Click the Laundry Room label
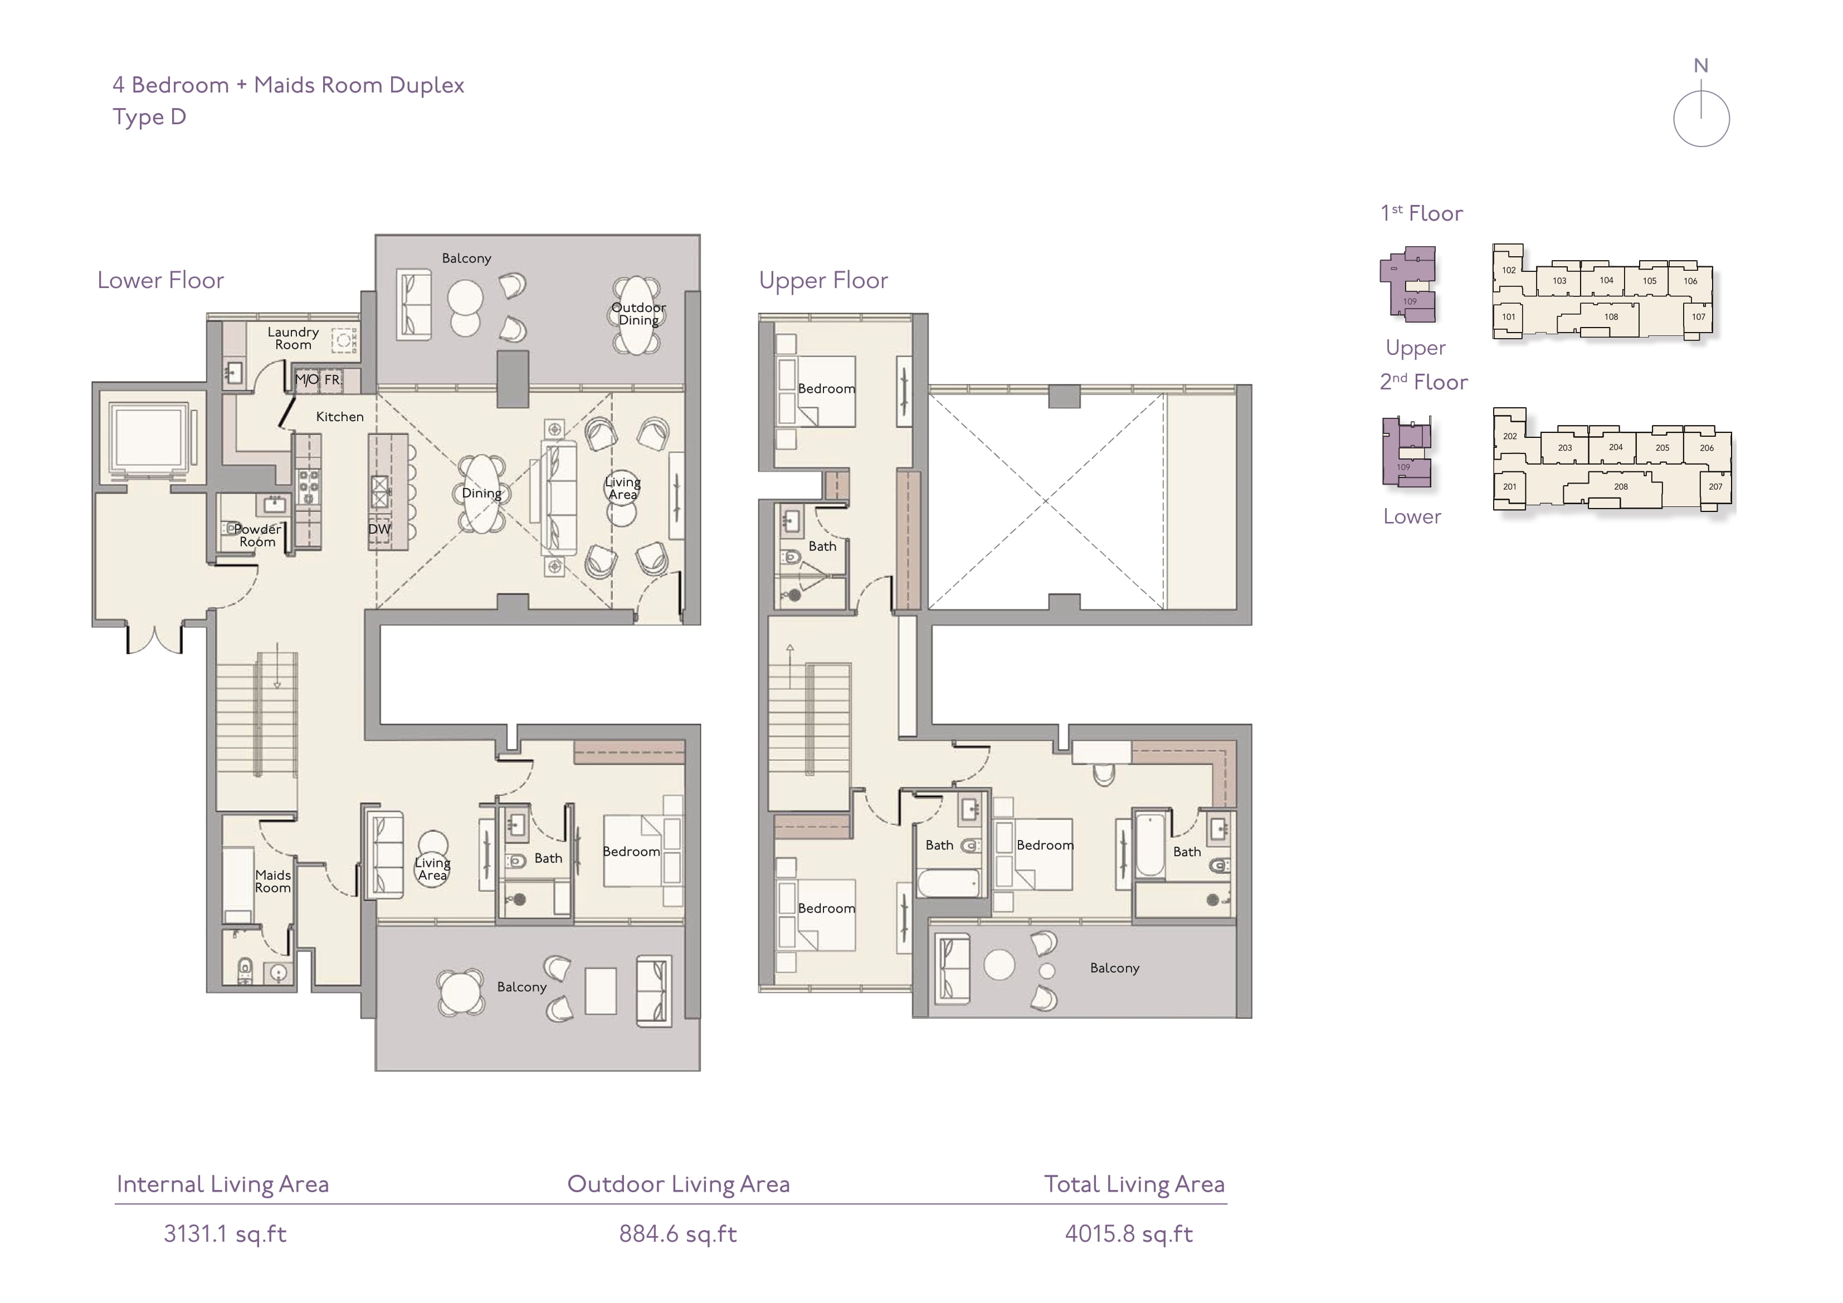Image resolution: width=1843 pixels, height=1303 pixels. pyautogui.click(x=293, y=338)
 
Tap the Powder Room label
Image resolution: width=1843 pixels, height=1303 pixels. pyautogui.click(x=257, y=535)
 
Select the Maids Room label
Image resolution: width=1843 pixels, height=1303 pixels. pyautogui.click(x=273, y=881)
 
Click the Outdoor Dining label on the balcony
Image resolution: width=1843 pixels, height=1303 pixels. pyautogui.click(x=638, y=314)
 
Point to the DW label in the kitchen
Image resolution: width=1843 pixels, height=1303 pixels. pyautogui.click(x=379, y=529)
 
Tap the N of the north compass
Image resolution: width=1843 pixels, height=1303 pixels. pyautogui.click(x=1701, y=66)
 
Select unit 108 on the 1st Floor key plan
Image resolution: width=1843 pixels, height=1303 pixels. pyautogui.click(x=1611, y=316)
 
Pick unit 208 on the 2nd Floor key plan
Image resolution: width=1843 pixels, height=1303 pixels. pyautogui.click(x=1621, y=486)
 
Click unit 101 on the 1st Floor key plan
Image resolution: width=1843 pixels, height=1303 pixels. pyautogui.click(x=1509, y=316)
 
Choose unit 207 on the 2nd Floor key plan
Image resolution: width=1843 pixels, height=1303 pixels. pyautogui.click(x=1715, y=486)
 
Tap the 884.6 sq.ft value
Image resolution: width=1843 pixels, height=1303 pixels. pyautogui.click(x=678, y=1234)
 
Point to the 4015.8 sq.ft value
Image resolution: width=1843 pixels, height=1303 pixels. pyautogui.click(x=1129, y=1234)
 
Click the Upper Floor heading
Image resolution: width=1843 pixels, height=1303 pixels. pyautogui.click(x=823, y=280)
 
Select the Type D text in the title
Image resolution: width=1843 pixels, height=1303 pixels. pyautogui.click(x=149, y=117)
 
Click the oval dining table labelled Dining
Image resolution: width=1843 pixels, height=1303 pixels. pyautogui.click(x=481, y=494)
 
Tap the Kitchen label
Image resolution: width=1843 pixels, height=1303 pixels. pyautogui.click(x=339, y=417)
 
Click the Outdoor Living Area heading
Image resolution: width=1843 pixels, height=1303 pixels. pyautogui.click(x=678, y=1184)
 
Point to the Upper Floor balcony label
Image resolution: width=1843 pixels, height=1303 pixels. pyautogui.click(x=1114, y=968)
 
